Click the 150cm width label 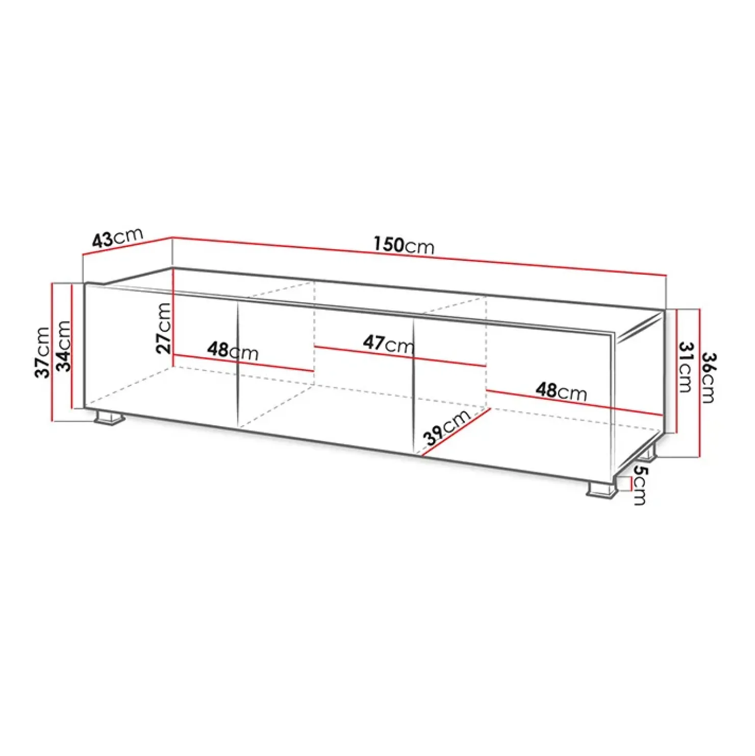(404, 245)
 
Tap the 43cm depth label (117, 238)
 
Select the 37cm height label (43, 352)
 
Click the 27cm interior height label (163, 328)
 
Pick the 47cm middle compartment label (389, 344)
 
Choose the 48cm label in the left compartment (233, 351)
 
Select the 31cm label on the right (686, 367)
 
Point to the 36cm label (708, 377)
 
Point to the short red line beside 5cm (631, 483)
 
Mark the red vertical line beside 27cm (173, 311)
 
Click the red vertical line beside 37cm (52, 352)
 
